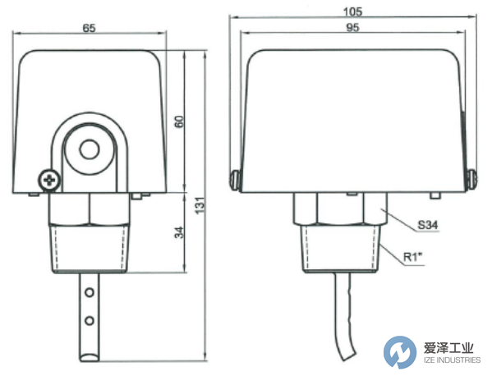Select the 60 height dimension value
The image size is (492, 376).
pos(177,121)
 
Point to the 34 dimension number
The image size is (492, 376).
pos(177,232)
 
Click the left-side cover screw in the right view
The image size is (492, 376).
pos(234,177)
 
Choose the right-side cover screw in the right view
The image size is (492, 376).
pos(471,177)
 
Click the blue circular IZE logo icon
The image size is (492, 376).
pos(399,351)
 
